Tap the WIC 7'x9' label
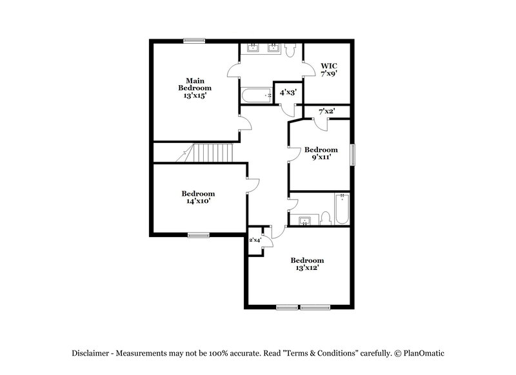[329, 70]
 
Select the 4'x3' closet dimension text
[288, 93]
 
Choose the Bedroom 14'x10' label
[197, 197]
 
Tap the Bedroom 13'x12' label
[306, 264]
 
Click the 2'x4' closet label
[255, 240]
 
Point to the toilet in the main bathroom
[290, 49]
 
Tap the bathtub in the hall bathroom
[341, 209]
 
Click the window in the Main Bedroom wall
[193, 41]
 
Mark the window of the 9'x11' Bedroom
[352, 155]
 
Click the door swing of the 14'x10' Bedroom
[253, 186]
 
